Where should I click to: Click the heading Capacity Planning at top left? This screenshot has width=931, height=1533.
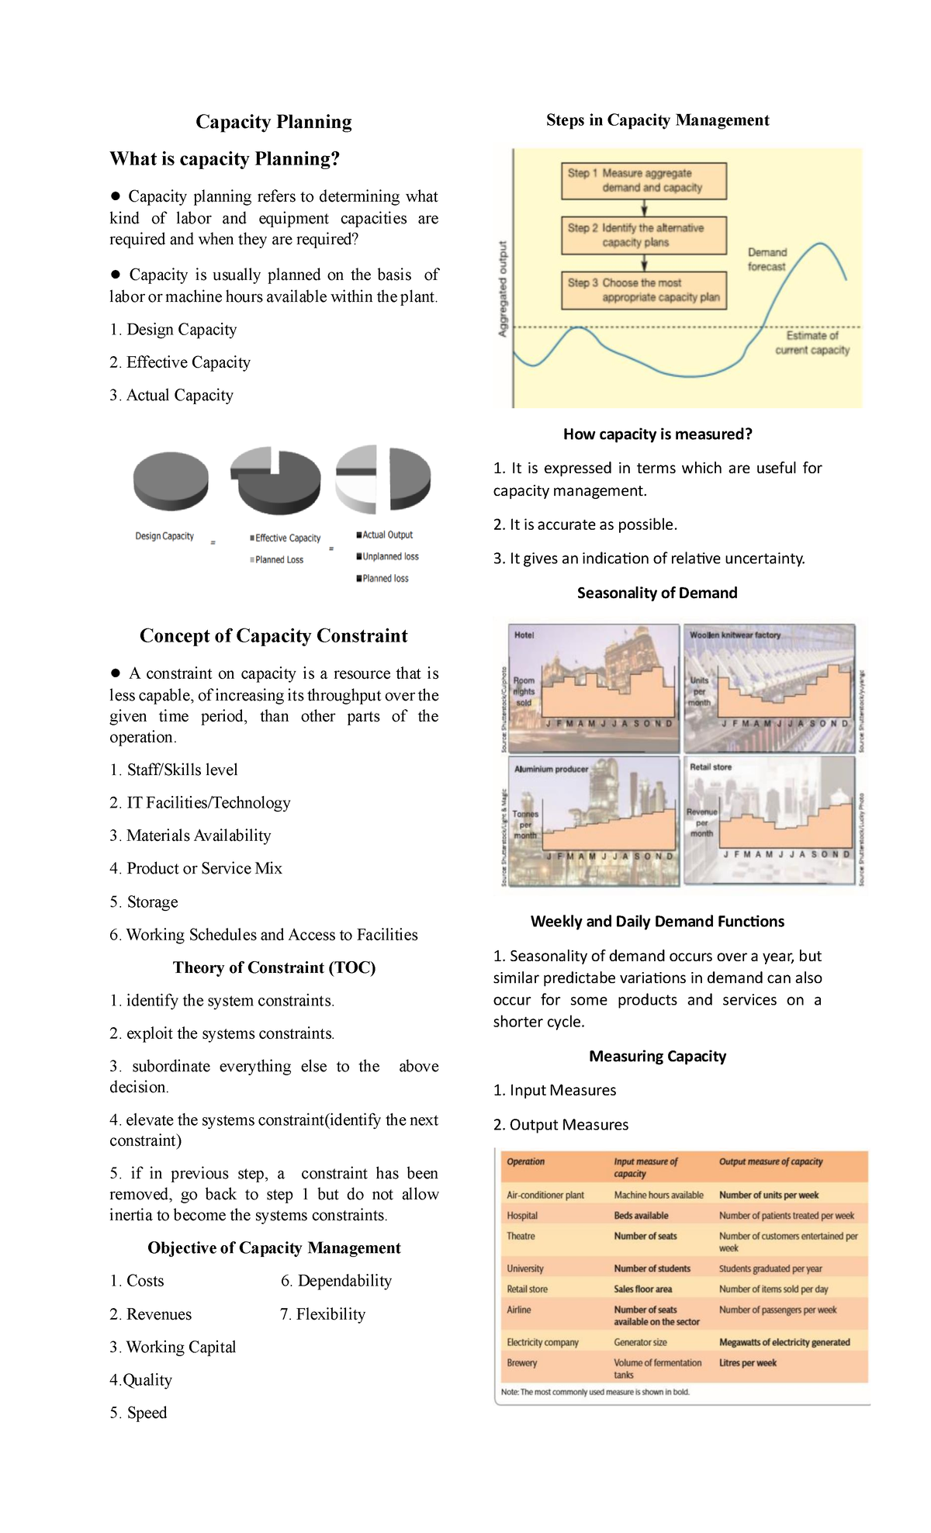(x=273, y=122)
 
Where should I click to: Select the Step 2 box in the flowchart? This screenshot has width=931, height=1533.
(x=643, y=235)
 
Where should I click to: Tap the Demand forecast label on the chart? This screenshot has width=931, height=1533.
(x=767, y=260)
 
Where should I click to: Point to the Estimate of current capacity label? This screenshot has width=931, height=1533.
(x=812, y=343)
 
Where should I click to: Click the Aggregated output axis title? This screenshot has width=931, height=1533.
(x=503, y=289)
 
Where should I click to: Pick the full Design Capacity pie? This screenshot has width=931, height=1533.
(x=171, y=480)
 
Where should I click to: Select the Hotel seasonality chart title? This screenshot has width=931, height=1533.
(x=524, y=635)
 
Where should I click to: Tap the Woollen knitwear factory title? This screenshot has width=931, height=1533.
(x=735, y=635)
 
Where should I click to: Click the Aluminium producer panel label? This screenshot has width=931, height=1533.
(x=551, y=770)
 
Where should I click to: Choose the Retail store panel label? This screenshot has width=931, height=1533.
(x=711, y=767)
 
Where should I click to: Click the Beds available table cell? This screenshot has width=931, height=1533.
(x=641, y=1216)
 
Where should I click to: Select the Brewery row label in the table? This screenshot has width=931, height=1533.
(x=522, y=1363)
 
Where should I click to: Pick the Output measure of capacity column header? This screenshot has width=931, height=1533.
(x=770, y=1162)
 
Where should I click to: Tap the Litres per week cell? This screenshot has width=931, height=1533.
(x=747, y=1363)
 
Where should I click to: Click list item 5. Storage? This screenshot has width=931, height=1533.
(x=144, y=902)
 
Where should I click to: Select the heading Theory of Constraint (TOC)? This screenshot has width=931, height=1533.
(x=274, y=967)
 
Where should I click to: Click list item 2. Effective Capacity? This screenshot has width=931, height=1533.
(x=180, y=362)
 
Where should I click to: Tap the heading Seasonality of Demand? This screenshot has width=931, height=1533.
(x=657, y=593)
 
